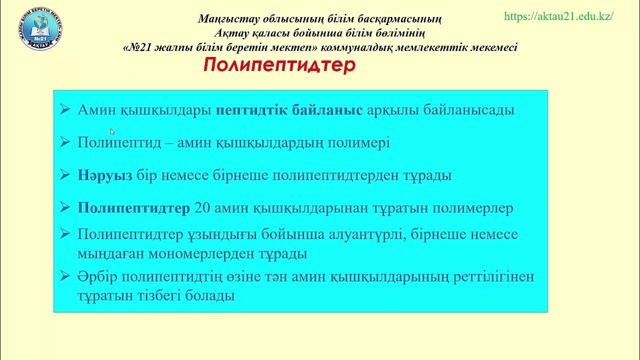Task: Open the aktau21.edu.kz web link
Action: pyautogui.click(x=558, y=16)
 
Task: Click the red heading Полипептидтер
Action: pyautogui.click(x=279, y=65)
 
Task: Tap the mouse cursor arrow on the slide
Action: pyautogui.click(x=112, y=132)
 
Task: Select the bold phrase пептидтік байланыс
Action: pyautogui.click(x=289, y=110)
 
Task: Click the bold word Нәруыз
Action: pyautogui.click(x=105, y=175)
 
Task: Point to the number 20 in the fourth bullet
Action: pyautogui.click(x=201, y=208)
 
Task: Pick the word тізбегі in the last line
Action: pyautogui.click(x=156, y=295)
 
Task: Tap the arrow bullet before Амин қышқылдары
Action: pyautogui.click(x=65, y=110)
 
